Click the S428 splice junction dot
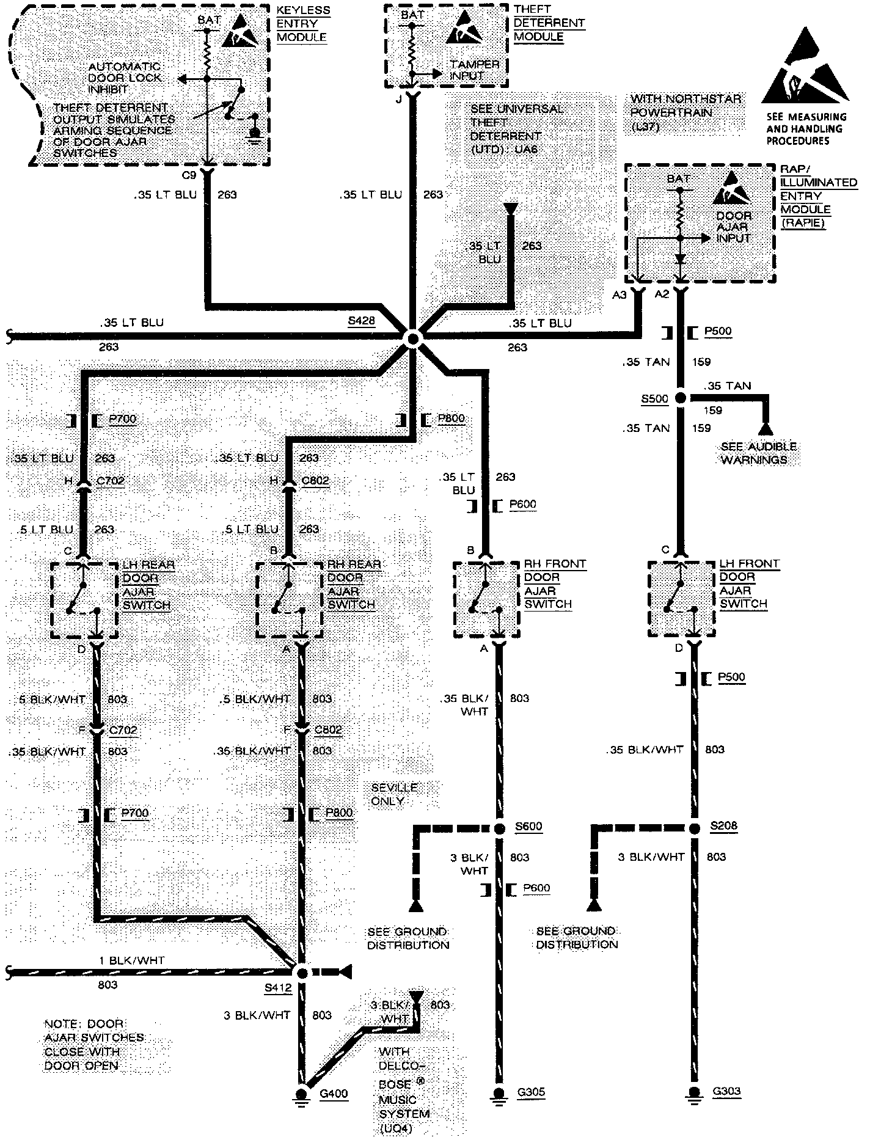click(x=413, y=338)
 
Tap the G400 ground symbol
click(x=301, y=1094)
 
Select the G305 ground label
click(x=531, y=1092)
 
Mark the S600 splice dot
click(x=499, y=828)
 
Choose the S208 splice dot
click(x=694, y=828)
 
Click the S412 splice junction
click(x=301, y=972)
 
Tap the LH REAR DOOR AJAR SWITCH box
click(x=84, y=600)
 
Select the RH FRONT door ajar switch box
click(x=486, y=600)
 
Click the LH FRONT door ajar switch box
click(x=681, y=600)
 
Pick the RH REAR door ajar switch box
click(x=288, y=600)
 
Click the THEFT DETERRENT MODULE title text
click(x=548, y=23)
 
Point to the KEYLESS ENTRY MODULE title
click(x=303, y=24)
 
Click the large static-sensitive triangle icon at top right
click(x=805, y=67)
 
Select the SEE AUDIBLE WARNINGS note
click(x=758, y=453)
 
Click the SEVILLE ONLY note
click(x=394, y=794)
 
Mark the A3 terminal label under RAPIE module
click(x=620, y=295)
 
